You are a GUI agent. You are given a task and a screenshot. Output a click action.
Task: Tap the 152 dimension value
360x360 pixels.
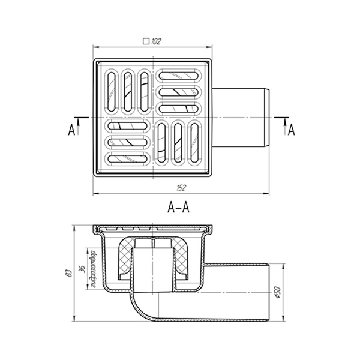pyautogui.click(x=181, y=188)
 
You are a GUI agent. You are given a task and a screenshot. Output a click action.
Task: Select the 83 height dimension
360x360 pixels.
pyautogui.click(x=68, y=273)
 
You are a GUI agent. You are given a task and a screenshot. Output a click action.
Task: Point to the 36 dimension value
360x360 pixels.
pyautogui.click(x=82, y=268)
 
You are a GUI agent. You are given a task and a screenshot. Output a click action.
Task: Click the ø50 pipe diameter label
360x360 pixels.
pyautogui.click(x=278, y=293)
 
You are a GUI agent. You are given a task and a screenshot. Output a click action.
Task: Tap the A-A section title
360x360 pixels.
pyautogui.click(x=178, y=208)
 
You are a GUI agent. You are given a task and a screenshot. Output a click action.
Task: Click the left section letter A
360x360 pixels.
pyautogui.click(x=71, y=130)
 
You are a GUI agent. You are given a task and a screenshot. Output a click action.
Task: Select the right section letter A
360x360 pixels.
pyautogui.click(x=291, y=130)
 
